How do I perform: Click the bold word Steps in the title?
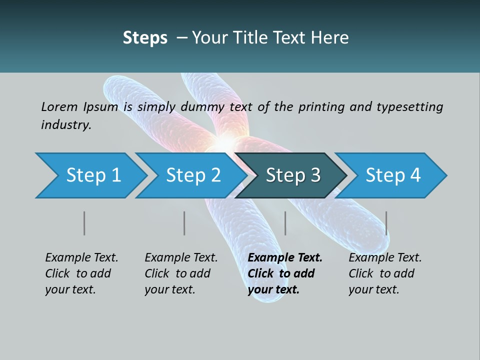click(x=145, y=38)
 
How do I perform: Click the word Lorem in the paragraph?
click(x=58, y=106)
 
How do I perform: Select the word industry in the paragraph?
click(x=65, y=124)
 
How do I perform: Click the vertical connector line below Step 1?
click(x=84, y=223)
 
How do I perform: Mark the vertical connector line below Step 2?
click(x=184, y=223)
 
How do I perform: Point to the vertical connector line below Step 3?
click(x=285, y=223)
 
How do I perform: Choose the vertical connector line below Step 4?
click(x=386, y=223)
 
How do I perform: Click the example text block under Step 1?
click(x=81, y=273)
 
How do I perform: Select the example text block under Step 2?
click(x=181, y=273)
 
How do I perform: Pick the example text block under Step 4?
click(x=385, y=273)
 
